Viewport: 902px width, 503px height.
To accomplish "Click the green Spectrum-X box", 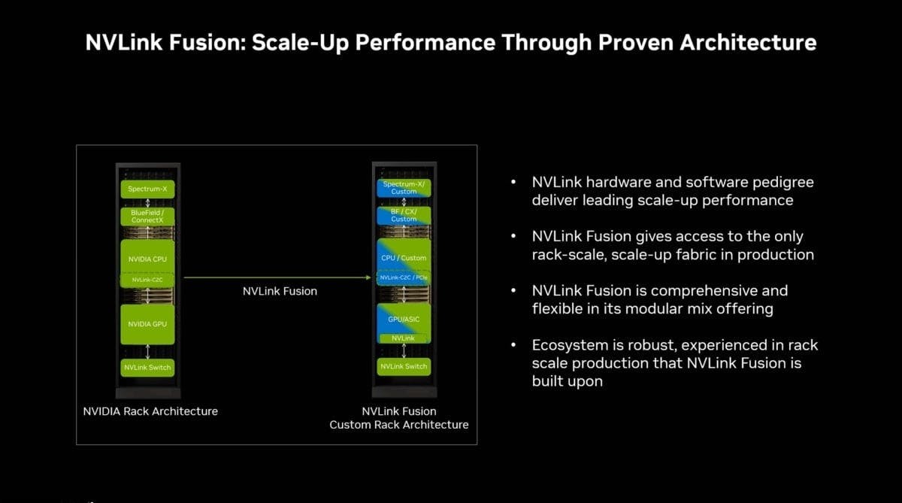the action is click(x=147, y=189).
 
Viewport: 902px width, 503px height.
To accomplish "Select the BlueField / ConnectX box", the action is click(x=147, y=217).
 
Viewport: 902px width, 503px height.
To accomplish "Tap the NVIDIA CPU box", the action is click(x=147, y=257).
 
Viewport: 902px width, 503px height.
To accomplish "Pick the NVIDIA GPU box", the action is click(x=147, y=324).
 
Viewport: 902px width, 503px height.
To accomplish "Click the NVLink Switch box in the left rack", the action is click(x=147, y=368).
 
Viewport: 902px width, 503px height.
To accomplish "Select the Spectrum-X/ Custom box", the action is click(x=404, y=188).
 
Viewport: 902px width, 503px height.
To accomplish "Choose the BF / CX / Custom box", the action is click(x=404, y=216).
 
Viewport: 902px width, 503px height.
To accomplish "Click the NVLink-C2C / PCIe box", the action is click(x=404, y=278).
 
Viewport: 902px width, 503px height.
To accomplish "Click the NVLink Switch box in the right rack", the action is click(x=404, y=366).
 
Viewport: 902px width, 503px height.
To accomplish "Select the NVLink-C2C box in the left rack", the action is click(x=147, y=280).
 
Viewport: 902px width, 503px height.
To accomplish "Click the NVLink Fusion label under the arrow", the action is click(x=280, y=291).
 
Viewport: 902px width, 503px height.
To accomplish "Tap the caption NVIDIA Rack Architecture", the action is click(x=150, y=411).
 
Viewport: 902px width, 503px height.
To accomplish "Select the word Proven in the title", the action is click(x=636, y=42).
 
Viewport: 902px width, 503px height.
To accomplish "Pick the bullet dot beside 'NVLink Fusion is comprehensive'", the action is click(x=513, y=290).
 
